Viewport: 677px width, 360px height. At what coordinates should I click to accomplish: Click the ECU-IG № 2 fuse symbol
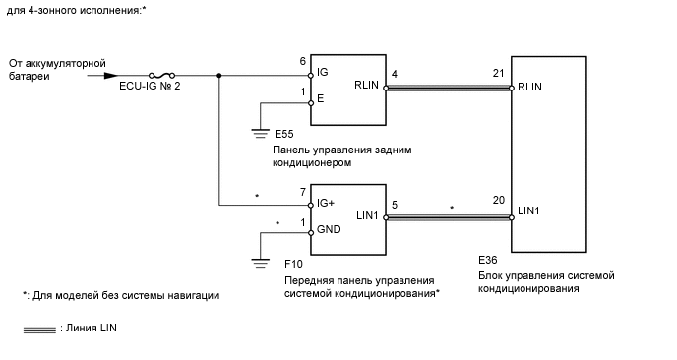tap(162, 74)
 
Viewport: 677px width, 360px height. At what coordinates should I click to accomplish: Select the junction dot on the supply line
tap(217, 74)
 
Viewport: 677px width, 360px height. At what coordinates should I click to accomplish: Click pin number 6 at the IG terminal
tap(303, 61)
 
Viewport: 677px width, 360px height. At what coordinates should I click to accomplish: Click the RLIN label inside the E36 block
tap(531, 86)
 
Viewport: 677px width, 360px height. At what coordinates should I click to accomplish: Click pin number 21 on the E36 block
tap(499, 74)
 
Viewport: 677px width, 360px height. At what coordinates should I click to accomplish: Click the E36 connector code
tap(487, 260)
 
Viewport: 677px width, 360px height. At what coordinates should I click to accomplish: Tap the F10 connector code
tap(292, 266)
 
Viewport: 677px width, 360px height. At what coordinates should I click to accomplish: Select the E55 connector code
tap(283, 133)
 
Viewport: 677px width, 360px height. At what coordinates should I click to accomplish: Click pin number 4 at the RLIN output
tap(394, 74)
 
